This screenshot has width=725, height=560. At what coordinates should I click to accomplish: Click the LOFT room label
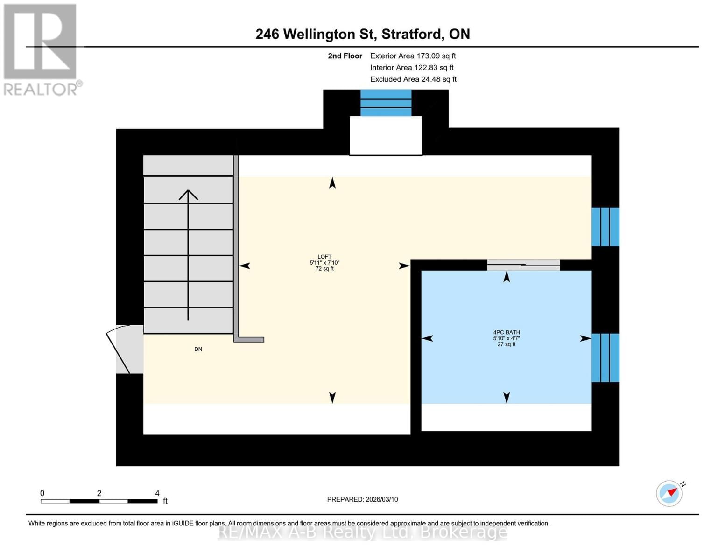pos(324,257)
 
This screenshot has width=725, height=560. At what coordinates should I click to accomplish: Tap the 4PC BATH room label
pos(507,333)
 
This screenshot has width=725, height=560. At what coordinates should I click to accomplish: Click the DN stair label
pos(198,349)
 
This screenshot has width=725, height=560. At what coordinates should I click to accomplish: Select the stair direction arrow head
pos(188,195)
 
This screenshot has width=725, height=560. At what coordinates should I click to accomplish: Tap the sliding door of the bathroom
pos(523,265)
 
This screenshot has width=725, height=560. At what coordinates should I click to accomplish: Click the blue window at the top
pos(386,103)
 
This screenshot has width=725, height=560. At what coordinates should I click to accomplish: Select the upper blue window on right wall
pos(605,227)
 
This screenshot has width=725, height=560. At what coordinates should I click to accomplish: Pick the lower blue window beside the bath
pos(605,357)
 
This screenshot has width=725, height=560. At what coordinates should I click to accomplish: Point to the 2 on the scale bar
pos(99,493)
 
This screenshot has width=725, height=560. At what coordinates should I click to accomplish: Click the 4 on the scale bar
pos(157,493)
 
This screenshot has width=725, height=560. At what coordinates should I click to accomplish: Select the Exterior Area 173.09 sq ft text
pos(413,56)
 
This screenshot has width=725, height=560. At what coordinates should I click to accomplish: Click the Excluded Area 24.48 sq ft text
pos(413,79)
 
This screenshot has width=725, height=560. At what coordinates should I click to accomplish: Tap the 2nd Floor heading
pos(345,56)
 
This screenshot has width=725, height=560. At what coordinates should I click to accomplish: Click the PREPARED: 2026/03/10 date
pos(362,499)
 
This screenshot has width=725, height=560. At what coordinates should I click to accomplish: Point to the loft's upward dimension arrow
pos(332,183)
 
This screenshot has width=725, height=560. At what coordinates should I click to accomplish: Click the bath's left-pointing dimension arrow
pos(428,338)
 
